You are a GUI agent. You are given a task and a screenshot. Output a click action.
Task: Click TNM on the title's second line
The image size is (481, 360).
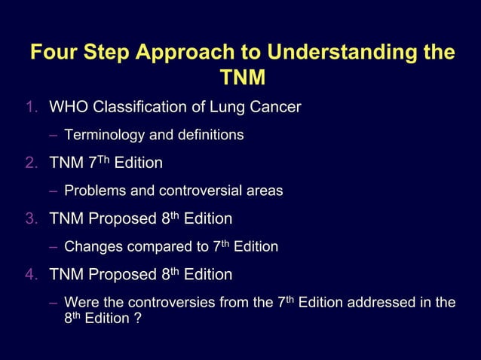[241, 79]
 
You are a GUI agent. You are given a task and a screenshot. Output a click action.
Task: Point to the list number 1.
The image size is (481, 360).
[30, 108]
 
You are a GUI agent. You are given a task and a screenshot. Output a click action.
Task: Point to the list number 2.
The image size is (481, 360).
[30, 163]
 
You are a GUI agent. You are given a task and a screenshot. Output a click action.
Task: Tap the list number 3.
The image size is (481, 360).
[30, 219]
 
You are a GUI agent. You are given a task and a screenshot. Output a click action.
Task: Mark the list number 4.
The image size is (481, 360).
[30, 275]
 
